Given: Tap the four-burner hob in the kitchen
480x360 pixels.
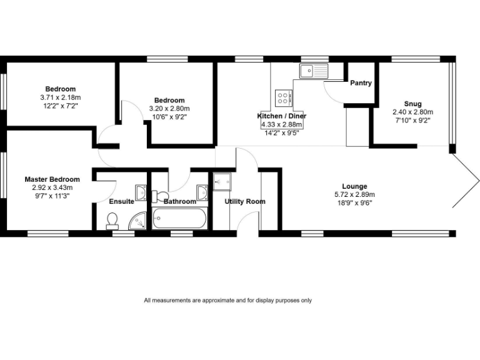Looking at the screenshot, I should [283, 98].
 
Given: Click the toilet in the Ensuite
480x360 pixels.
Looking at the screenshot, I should [112, 219].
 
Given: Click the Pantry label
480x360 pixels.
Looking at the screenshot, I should [361, 82].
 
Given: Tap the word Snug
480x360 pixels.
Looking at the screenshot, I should [412, 104].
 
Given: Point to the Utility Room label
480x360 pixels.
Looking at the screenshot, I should [245, 201].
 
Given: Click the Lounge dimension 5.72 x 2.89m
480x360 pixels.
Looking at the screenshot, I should [354, 194].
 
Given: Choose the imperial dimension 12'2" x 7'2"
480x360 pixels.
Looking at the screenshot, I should [61, 106].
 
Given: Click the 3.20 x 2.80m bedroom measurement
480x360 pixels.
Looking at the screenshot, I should [169, 108].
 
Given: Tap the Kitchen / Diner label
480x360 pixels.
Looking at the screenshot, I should [282, 116].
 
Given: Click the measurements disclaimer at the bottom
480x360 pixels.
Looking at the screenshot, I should [227, 300].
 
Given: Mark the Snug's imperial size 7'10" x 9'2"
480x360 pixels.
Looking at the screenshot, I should [412, 120].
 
